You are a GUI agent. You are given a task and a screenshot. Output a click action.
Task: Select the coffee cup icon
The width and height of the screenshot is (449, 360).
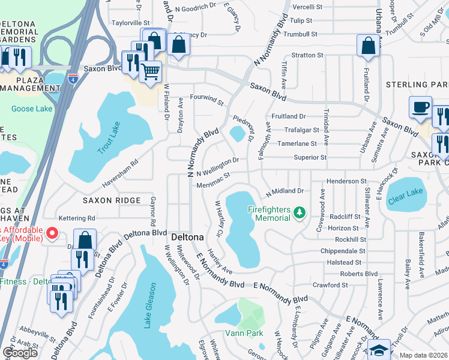pos(421,107)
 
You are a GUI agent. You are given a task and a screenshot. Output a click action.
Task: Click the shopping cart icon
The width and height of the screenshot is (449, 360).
pos(150,72)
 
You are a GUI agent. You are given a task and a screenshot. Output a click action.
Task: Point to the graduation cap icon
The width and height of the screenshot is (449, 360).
pos(379,350)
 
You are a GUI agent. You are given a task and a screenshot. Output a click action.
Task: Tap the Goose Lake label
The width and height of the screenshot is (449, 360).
pos(32,109)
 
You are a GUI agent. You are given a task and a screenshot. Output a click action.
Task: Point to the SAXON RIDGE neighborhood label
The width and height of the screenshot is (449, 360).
pos(112,200)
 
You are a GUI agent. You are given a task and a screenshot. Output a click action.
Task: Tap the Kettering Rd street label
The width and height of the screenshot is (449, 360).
pos(77,218)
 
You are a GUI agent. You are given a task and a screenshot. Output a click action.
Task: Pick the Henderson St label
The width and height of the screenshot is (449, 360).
pos(346,181)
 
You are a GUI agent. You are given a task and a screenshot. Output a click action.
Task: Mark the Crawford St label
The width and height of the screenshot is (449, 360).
pos(331,285)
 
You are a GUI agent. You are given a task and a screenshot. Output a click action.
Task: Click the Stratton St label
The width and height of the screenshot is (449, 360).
pos(307,55)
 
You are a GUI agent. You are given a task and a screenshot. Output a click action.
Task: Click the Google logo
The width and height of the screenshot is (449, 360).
pos(20,352)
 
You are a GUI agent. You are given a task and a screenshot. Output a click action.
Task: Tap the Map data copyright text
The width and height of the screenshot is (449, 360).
pos(423,355)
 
